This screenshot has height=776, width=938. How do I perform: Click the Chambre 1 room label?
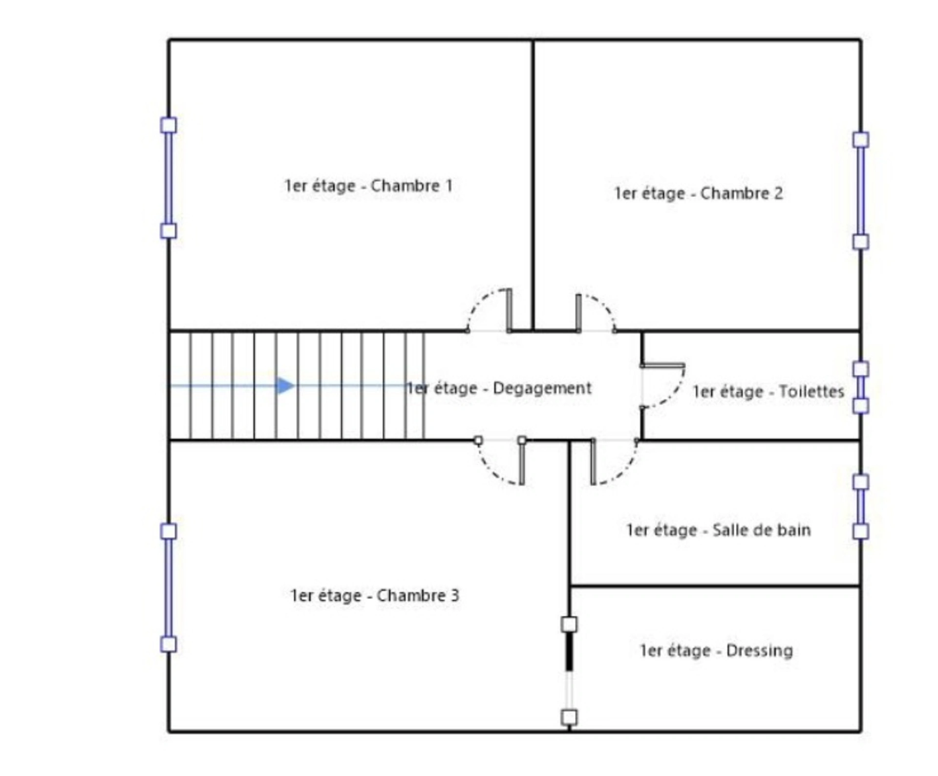click(368, 186)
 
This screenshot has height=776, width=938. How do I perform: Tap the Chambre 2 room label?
click(698, 194)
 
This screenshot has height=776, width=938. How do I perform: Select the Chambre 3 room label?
click(374, 596)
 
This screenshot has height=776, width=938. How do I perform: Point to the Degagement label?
click(499, 388)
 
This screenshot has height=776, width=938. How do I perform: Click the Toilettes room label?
click(768, 391)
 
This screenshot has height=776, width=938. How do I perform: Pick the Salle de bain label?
click(719, 530)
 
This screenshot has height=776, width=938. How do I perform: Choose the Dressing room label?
click(716, 651)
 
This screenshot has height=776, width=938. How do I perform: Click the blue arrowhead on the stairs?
click(285, 386)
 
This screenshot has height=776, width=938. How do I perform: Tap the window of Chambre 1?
click(169, 178)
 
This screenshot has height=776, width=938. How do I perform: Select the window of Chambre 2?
click(861, 191)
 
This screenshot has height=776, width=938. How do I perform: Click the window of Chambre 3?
click(169, 588)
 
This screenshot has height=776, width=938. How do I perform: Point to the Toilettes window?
click(861, 388)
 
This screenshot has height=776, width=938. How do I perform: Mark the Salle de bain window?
click(861, 507)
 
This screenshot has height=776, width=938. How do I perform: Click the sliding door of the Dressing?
click(569, 671)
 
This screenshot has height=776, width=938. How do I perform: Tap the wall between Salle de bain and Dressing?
click(715, 585)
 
